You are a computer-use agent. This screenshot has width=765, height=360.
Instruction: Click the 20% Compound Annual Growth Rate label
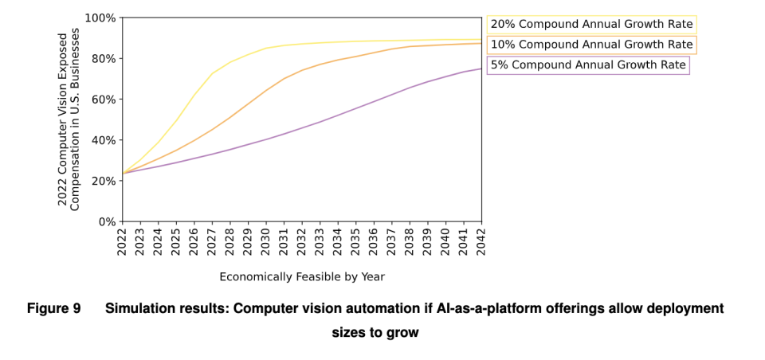tap(591, 24)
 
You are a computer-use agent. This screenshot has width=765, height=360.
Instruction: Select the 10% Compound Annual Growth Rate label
tap(591, 45)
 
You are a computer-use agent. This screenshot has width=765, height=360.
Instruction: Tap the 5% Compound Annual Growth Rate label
tap(588, 65)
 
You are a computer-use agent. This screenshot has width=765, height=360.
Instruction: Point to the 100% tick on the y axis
tap(100, 18)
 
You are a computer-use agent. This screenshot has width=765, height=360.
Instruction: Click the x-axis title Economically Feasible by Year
tap(302, 277)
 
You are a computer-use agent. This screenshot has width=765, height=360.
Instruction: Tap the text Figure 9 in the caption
tap(53, 309)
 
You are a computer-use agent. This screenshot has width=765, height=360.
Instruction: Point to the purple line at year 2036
tap(375, 101)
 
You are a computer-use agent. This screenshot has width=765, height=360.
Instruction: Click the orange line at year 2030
tap(266, 90)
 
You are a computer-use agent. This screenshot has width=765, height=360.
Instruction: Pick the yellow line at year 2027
tap(212, 73)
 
